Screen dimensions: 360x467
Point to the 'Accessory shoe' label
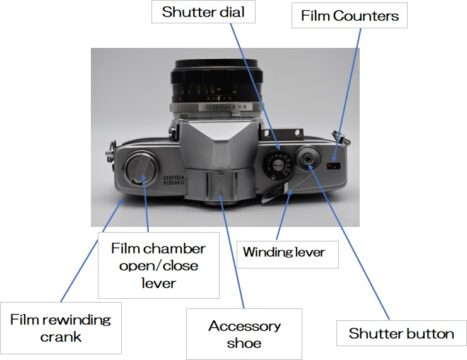coord(244,334)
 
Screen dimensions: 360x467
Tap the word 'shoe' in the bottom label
coord(244,343)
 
